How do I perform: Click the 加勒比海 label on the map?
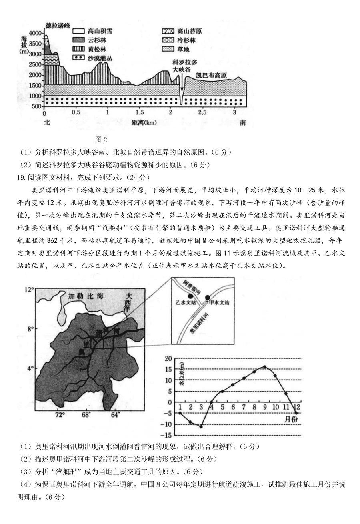tap(86, 296)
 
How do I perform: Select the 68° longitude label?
tap(86, 415)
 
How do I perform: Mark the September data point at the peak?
tap(264, 366)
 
